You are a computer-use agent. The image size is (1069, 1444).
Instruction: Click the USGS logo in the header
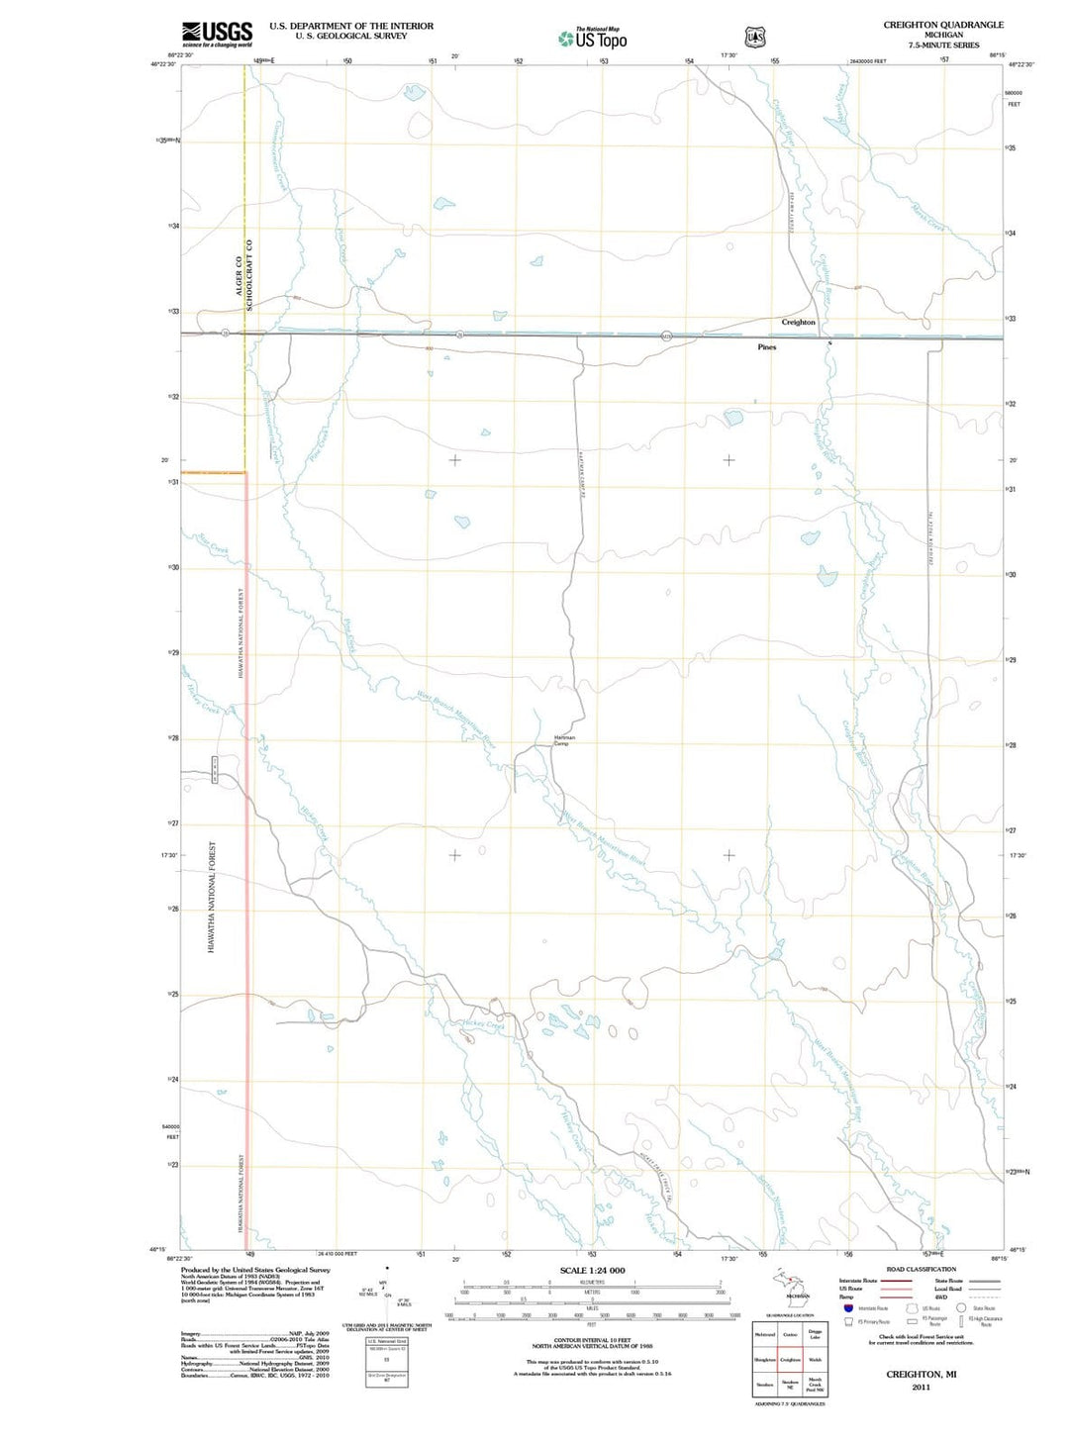point(217,34)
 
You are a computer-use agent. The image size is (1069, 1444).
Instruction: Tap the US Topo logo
point(592,40)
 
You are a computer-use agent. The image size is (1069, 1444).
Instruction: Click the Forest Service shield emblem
point(755,38)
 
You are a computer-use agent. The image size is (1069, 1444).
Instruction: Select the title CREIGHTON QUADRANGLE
point(943,25)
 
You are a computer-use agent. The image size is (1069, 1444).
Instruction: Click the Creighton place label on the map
point(799,323)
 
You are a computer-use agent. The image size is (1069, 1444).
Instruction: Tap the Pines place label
point(767,347)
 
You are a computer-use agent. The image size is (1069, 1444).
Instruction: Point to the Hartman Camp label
point(564,740)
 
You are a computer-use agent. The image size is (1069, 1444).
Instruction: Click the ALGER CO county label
point(239,276)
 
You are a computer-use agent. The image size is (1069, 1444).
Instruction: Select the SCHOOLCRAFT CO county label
point(250,275)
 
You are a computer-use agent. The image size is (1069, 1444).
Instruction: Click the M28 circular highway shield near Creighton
point(667,336)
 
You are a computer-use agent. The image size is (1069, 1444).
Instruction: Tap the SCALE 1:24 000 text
point(592,1270)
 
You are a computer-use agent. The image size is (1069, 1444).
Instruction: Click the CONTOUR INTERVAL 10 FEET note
point(592,1341)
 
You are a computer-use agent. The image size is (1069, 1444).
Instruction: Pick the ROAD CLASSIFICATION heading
point(921,1269)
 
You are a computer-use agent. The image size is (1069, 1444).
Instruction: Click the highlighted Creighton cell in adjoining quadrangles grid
point(790,1360)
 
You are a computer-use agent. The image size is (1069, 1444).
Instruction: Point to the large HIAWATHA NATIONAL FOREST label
point(212,897)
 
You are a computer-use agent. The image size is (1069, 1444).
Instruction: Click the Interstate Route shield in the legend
point(848,1308)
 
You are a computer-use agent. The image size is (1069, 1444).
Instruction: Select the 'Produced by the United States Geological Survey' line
point(255,1270)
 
